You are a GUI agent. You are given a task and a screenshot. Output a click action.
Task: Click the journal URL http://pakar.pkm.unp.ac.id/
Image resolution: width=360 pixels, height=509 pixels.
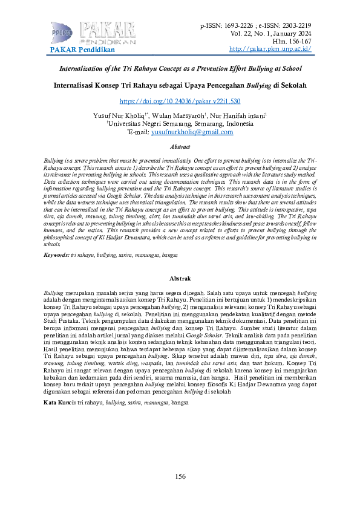coord(271,48)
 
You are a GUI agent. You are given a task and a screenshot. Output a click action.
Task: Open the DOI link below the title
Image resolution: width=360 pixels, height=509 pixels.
coord(180,102)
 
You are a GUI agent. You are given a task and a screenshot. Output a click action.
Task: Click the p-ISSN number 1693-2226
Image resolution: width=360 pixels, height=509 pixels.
coord(241,26)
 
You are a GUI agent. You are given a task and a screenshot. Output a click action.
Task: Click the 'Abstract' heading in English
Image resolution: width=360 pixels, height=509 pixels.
coord(180,147)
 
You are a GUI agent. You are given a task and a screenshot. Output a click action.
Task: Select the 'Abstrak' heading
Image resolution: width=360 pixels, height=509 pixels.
coord(180,278)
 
